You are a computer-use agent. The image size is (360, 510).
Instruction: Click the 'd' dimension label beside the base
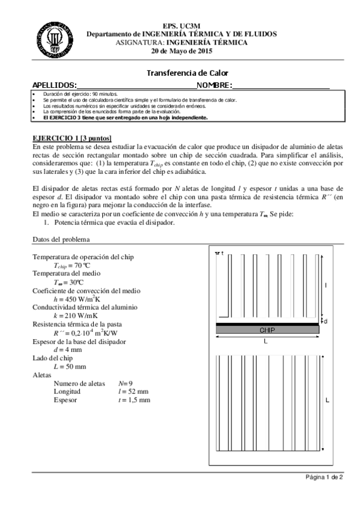tap(325, 322)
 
